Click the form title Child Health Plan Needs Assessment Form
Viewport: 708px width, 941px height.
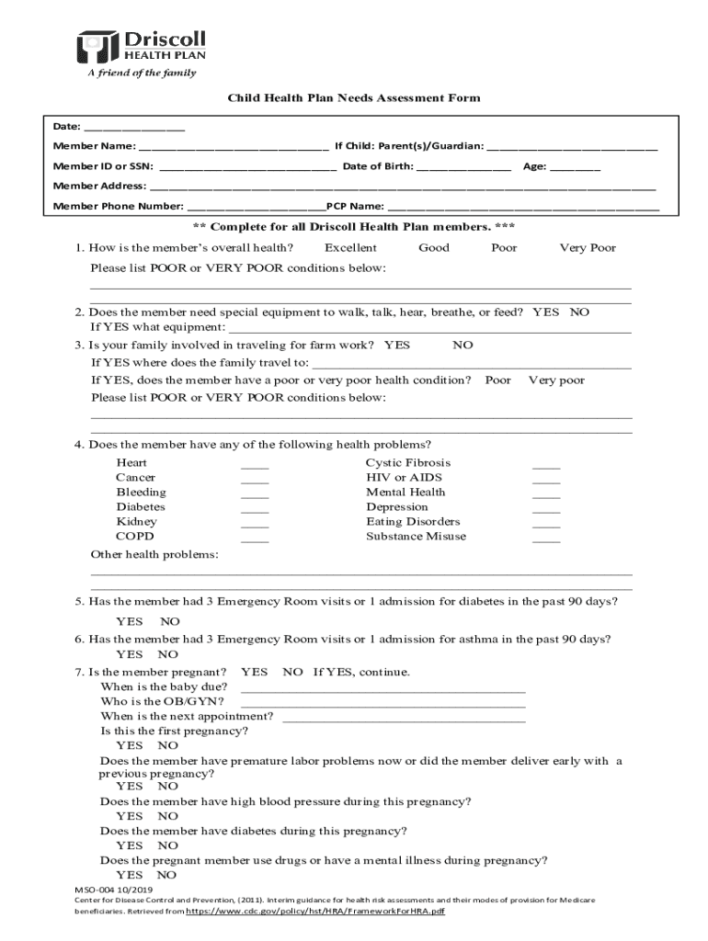[354, 98]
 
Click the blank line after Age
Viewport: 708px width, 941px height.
[576, 167]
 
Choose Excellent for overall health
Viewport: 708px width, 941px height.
[350, 248]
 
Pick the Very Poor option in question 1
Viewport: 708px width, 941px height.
[588, 248]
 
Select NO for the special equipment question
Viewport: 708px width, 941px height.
[579, 312]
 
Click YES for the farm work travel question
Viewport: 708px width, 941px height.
[397, 346]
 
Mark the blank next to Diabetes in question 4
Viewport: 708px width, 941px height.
[255, 510]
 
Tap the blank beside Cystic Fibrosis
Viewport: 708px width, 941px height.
[545, 466]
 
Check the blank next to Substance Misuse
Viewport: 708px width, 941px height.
[545, 539]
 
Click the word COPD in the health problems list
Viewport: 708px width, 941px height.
[135, 537]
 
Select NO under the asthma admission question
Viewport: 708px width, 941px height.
[167, 655]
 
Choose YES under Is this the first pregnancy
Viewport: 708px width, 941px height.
[130, 746]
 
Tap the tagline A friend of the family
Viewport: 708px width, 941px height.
[142, 74]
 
